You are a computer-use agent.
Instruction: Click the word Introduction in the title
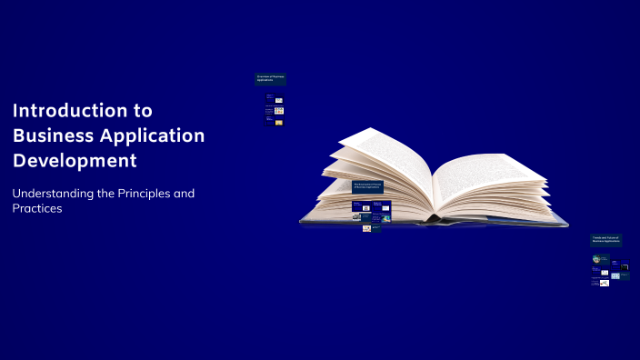pyautogui.click(x=74, y=111)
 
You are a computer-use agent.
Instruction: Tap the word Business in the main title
pyautogui.click(x=54, y=136)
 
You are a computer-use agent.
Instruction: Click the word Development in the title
pyautogui.click(x=75, y=162)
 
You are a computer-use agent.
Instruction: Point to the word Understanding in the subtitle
pyautogui.click(x=55, y=194)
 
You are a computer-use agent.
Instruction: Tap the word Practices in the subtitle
pyautogui.click(x=36, y=209)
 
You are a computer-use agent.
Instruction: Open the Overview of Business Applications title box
pyautogui.click(x=271, y=79)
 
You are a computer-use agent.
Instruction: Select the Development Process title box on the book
pyautogui.click(x=367, y=186)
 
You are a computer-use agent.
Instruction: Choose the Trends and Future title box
pyautogui.click(x=605, y=241)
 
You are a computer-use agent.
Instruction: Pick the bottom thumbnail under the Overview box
pyautogui.click(x=279, y=122)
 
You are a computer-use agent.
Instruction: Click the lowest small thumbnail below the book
pyautogui.click(x=366, y=228)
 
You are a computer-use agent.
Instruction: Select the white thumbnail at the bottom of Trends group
pyautogui.click(x=604, y=284)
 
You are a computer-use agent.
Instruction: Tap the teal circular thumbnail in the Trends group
pyautogui.click(x=596, y=259)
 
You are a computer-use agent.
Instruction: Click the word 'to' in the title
pyautogui.click(x=144, y=111)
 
